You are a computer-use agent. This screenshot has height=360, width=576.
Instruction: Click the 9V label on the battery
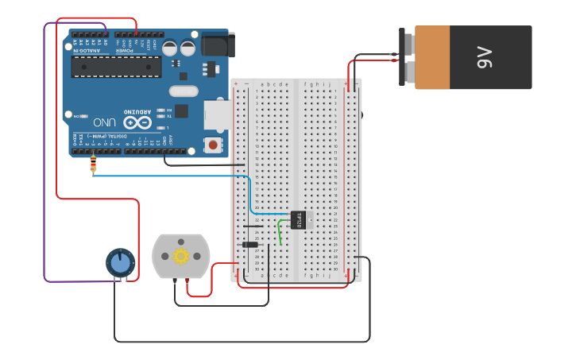pyautogui.click(x=484, y=57)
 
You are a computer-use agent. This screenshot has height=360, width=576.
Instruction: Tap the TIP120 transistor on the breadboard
pyautogui.click(x=300, y=219)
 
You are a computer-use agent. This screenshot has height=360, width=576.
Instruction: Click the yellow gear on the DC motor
pyautogui.click(x=181, y=256)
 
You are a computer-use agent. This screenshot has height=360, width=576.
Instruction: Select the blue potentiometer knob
pyautogui.click(x=120, y=263)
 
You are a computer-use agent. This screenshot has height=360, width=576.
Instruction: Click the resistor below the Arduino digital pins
pyautogui.click(x=93, y=165)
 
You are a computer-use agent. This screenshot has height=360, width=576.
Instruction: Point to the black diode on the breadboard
pyautogui.click(x=250, y=245)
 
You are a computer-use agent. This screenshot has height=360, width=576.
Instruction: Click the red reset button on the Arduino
pyautogui.click(x=212, y=145)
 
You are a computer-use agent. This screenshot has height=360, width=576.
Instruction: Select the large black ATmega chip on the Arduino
pyautogui.click(x=116, y=67)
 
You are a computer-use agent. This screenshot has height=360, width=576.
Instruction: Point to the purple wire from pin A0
pyautogui.click(x=44, y=159)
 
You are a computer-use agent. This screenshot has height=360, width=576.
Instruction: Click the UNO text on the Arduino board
pyautogui.click(x=105, y=122)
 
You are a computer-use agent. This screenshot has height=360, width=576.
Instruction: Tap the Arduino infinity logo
pyautogui.click(x=137, y=122)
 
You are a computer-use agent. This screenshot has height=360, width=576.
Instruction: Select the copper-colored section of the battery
pyautogui.click(x=432, y=57)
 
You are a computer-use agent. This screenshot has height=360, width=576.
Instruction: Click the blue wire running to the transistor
pyautogui.click(x=175, y=176)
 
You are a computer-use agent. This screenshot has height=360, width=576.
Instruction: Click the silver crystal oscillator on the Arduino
pyautogui.click(x=184, y=91)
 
